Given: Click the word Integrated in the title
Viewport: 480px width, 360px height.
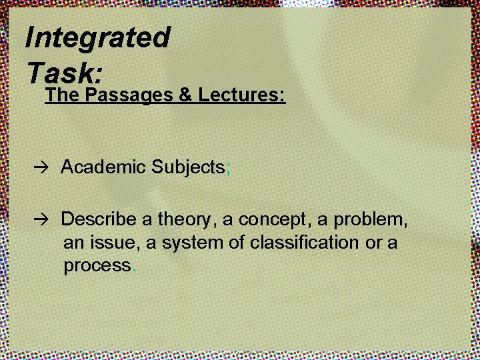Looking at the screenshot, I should (97, 38).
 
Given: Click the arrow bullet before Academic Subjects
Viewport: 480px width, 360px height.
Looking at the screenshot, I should (45, 168).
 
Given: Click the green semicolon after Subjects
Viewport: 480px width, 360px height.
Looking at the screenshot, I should (229, 169).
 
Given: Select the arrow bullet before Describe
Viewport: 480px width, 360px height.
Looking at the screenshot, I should (45, 220).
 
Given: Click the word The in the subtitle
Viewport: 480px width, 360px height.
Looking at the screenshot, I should (62, 95).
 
